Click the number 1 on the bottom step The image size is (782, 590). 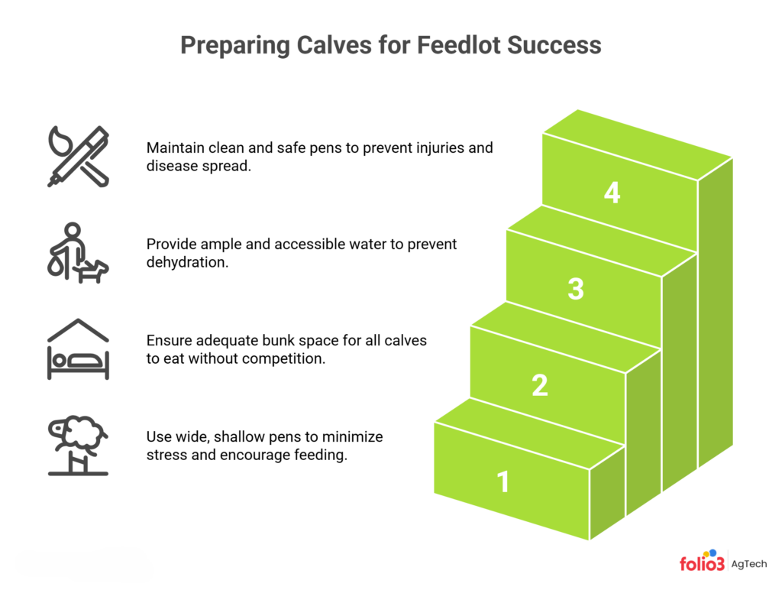502,482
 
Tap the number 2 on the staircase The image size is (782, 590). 539,385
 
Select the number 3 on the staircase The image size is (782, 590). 576,289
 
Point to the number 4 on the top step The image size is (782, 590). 612,193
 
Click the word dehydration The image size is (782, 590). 186,262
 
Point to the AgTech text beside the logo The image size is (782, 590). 750,564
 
